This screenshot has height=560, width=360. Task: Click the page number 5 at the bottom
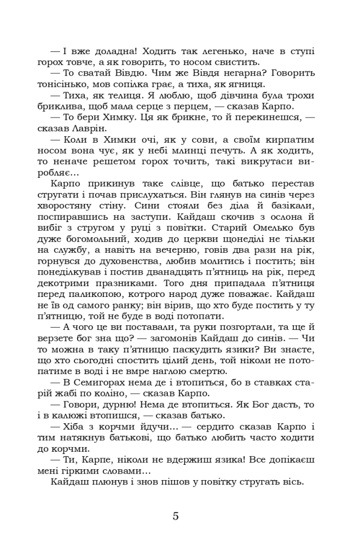(176, 516)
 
